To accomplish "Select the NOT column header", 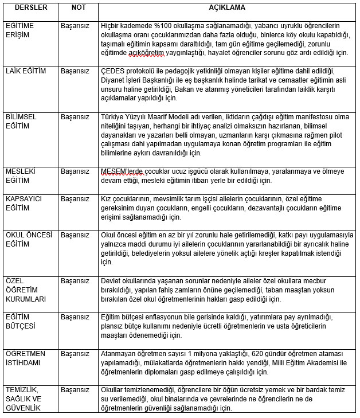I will [x=78, y=9].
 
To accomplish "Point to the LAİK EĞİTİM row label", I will [x=26, y=71].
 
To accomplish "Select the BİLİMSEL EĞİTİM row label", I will [x=21, y=121].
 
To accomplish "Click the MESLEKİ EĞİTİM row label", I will [x=19, y=175].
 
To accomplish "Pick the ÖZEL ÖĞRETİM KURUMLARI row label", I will [x=25, y=290].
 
